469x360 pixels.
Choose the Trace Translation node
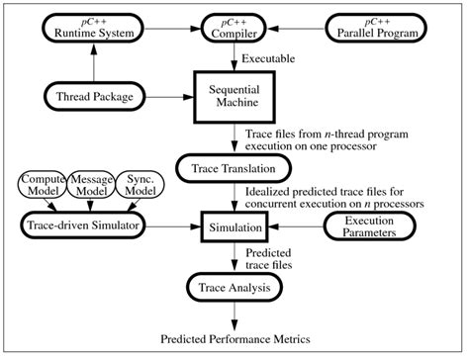coord(234,166)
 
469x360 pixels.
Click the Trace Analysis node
coord(234,289)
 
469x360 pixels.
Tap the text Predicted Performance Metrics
coord(234,339)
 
